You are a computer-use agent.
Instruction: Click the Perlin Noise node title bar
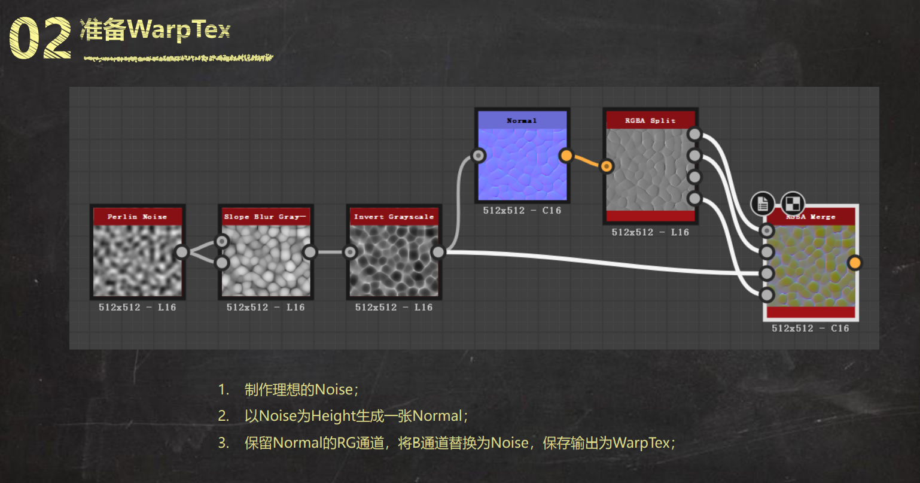coord(138,217)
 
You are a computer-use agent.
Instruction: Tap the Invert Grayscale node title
coord(394,217)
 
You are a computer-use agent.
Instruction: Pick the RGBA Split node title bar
coord(650,120)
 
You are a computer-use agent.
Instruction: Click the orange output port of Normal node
coord(566,156)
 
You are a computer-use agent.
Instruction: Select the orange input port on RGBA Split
coord(607,166)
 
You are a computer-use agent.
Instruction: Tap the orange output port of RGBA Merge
coord(855,263)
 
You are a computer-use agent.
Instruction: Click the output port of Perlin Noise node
coord(181,252)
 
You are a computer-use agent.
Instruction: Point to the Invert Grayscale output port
coord(438,252)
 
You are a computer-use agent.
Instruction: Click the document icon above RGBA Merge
coord(763,204)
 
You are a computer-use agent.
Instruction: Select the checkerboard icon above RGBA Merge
coord(793,203)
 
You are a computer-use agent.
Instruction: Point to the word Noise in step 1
coord(334,390)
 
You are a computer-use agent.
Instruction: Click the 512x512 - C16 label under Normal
coord(522,211)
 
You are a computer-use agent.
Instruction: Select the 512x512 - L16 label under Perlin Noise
coord(138,307)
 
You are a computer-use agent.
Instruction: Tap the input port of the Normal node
coord(478,156)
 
